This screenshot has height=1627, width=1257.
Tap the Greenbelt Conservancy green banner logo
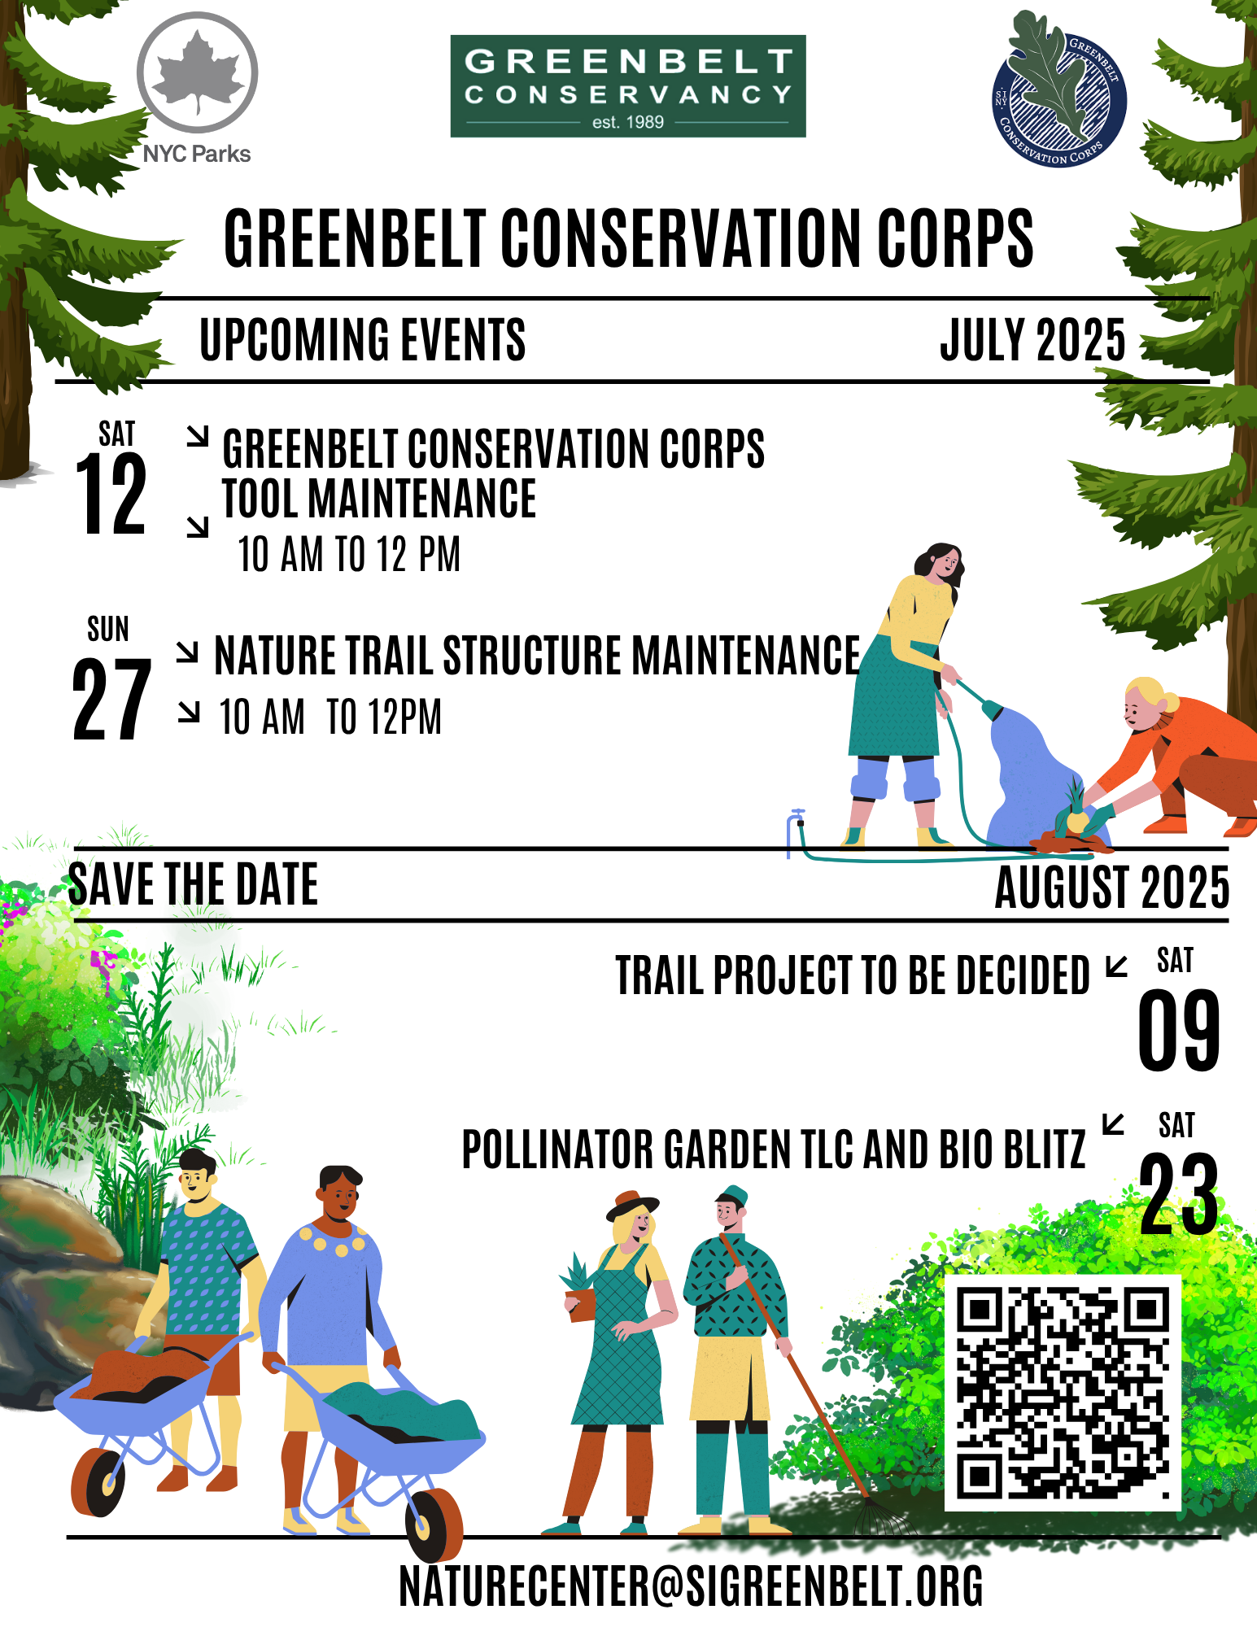(628, 86)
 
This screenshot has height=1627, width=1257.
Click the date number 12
(111, 494)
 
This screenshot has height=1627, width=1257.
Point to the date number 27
(111, 699)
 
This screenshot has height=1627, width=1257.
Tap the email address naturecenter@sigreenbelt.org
(691, 1586)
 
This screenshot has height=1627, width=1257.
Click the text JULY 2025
(1033, 340)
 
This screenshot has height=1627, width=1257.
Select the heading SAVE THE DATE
(193, 884)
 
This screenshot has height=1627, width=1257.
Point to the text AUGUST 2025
(1112, 887)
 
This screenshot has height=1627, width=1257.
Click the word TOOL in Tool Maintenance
(260, 499)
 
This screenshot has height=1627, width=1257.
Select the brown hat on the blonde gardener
(632, 1206)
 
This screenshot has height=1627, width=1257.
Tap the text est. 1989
(628, 122)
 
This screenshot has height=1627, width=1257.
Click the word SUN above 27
(108, 629)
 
